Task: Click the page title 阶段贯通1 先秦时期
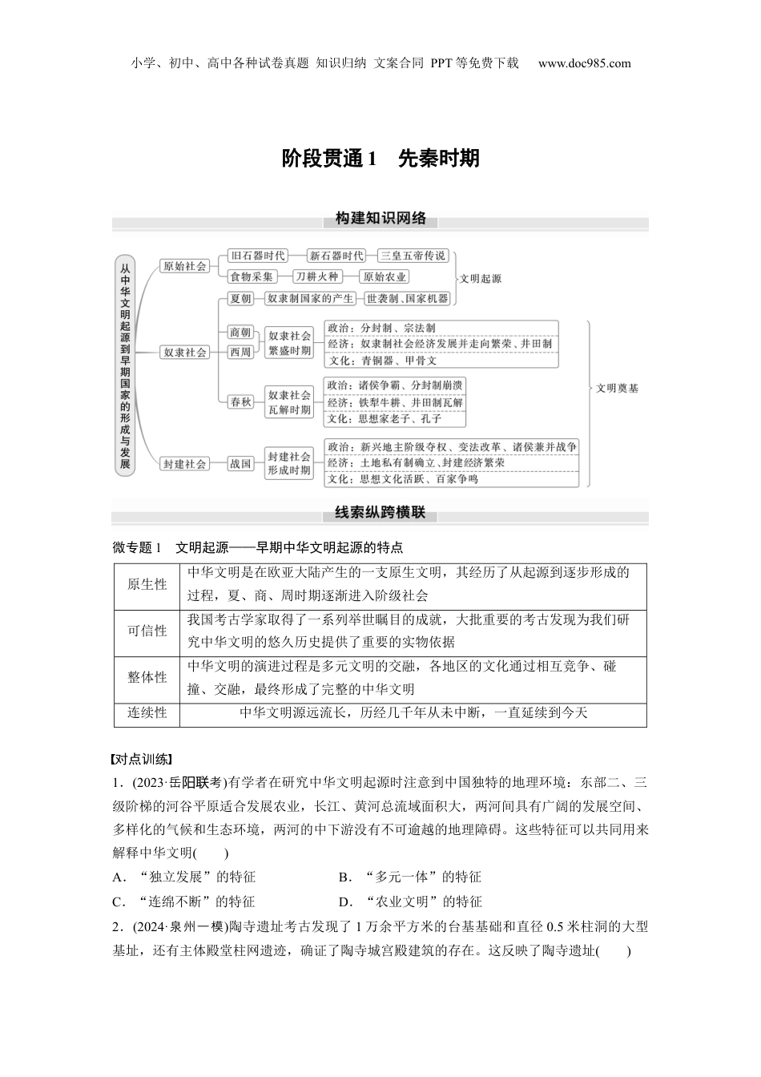click(380, 159)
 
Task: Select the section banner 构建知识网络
click(380, 219)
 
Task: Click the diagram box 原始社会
click(185, 266)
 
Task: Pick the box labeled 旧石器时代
click(257, 256)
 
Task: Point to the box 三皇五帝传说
click(413, 256)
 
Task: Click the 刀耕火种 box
click(316, 276)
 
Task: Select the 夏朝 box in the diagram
click(240, 298)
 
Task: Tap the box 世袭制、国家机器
click(408, 298)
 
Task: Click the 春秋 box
click(240, 402)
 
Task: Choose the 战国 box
click(240, 463)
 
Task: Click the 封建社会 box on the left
click(185, 463)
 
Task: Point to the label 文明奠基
click(618, 388)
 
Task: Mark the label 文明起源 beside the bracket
click(481, 279)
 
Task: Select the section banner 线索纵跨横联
click(380, 513)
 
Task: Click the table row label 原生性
click(147, 585)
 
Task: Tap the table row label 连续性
click(147, 712)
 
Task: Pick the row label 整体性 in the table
click(147, 678)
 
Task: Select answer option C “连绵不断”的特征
click(185, 902)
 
